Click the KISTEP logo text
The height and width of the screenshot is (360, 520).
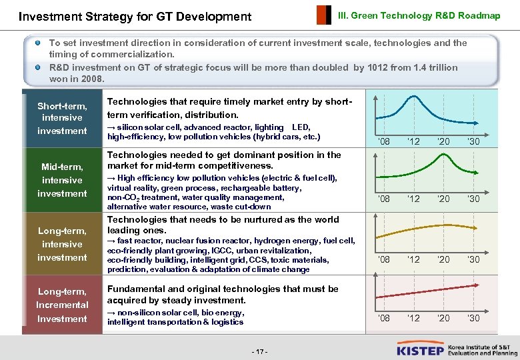[x=420, y=349]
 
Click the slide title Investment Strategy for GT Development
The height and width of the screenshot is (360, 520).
[x=135, y=16]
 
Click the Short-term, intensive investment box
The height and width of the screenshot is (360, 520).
[x=62, y=118]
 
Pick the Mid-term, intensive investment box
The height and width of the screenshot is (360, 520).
[x=62, y=180]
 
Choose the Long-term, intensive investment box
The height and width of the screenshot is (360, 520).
[x=62, y=244]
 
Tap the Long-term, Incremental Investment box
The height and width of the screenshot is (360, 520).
[x=62, y=305]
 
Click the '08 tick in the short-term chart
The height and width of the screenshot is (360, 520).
[x=384, y=141]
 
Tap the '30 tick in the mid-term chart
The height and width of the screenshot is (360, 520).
[x=473, y=199]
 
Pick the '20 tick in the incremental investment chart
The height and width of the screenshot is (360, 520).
[x=443, y=318]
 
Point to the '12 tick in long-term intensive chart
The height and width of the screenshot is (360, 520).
[x=413, y=259]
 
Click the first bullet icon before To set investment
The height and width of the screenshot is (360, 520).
[x=39, y=43]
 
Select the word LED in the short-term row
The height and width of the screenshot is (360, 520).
[x=301, y=127]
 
